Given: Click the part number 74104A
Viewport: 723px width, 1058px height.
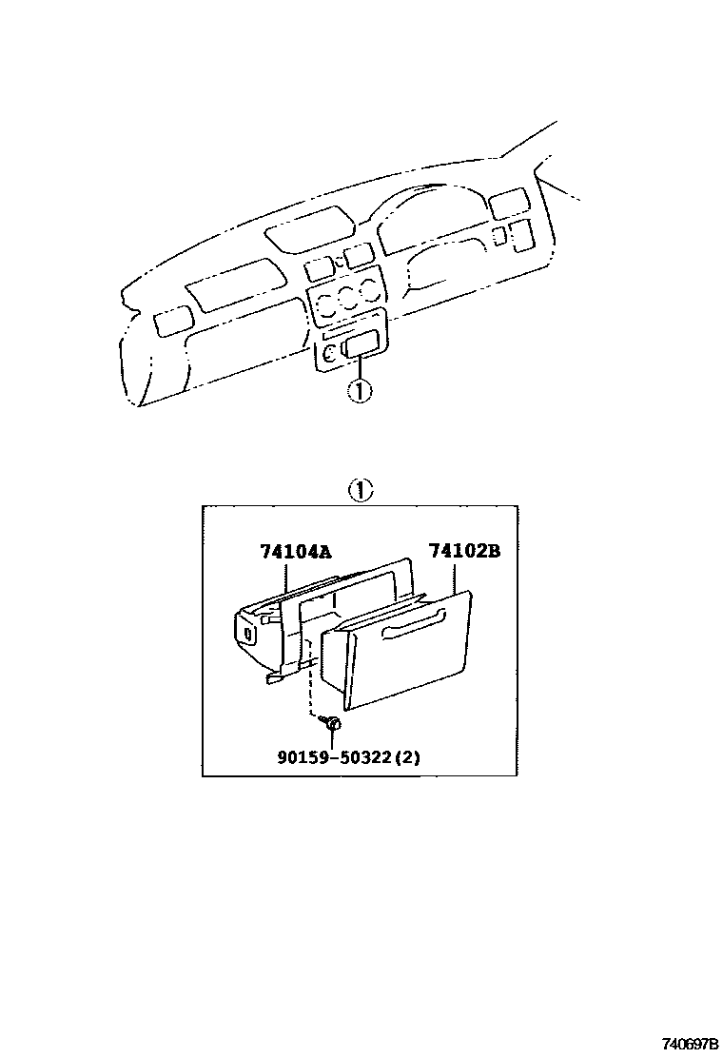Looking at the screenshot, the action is [x=295, y=551].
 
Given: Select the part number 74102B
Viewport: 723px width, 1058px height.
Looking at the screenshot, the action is [x=463, y=551].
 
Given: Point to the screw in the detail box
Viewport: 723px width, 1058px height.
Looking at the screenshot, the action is [x=332, y=724].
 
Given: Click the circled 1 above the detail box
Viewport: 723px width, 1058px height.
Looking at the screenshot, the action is [x=360, y=491].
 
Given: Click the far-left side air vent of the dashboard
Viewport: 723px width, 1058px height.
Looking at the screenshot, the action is [x=169, y=320].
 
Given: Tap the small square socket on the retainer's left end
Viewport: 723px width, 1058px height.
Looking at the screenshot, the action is [x=248, y=632].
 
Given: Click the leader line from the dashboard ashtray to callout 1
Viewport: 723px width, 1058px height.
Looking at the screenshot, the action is [x=359, y=367].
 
